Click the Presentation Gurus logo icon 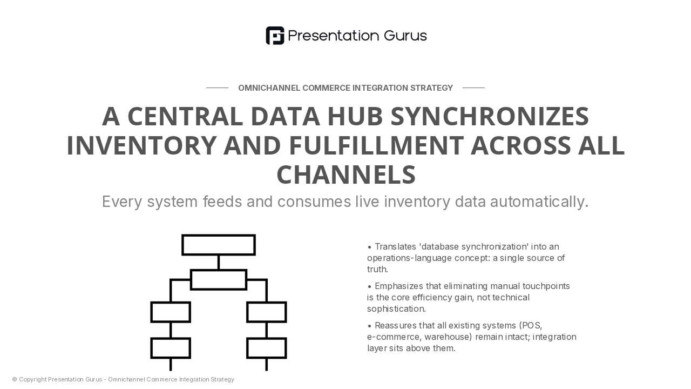[275, 36]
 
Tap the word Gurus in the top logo [405, 36]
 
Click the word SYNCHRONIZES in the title [490, 116]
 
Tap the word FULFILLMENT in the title [376, 145]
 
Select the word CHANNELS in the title [346, 175]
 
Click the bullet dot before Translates [369, 247]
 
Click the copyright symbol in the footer [15, 379]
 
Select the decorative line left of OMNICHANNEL [217, 88]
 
